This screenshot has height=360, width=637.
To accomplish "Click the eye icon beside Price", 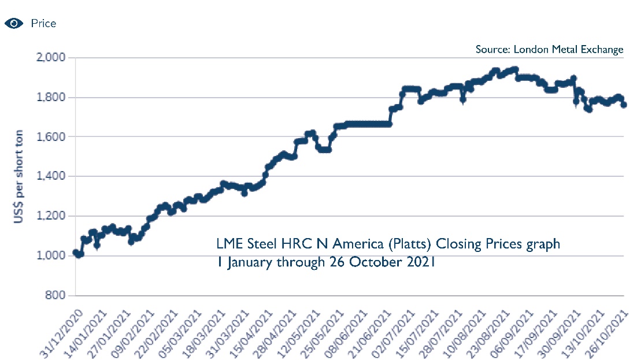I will (x=14, y=24).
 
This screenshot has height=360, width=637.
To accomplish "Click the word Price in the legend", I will (x=43, y=24).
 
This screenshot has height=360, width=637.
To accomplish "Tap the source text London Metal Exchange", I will (x=549, y=49).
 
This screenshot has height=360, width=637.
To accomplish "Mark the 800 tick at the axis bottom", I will (x=57, y=295).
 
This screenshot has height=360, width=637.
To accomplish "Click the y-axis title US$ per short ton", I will (x=19, y=176).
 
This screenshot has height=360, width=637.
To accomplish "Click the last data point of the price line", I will (x=624, y=105).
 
